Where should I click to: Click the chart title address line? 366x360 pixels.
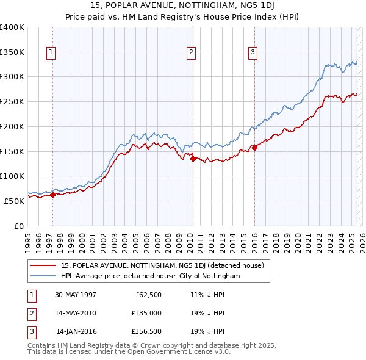[x=183, y=6]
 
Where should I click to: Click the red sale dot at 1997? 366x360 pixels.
[x=52, y=195]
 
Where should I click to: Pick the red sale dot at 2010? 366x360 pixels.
[x=193, y=159]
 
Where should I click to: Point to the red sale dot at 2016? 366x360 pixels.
[x=254, y=148]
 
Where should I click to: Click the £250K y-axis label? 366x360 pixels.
[x=12, y=102]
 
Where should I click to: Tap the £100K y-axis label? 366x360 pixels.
[x=12, y=176]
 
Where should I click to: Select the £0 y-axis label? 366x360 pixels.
[x=19, y=226]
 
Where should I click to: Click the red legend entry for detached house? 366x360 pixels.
[x=162, y=265]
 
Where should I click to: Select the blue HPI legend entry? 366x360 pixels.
[x=151, y=276]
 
